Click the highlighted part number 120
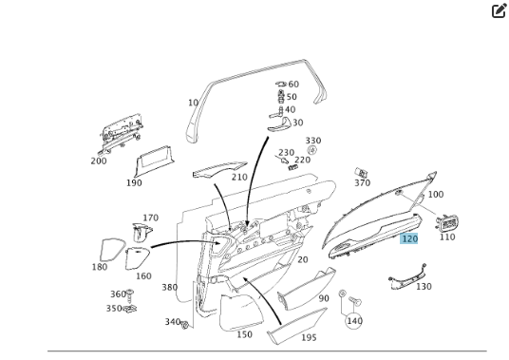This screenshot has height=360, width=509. pyautogui.click(x=409, y=238)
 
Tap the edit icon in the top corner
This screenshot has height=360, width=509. pyautogui.click(x=499, y=11)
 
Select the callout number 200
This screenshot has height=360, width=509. pyautogui.click(x=99, y=161)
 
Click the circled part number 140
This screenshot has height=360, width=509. pyautogui.click(x=354, y=321)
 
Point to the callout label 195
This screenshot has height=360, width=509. pyautogui.click(x=309, y=337)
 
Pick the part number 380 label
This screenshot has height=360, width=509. pyautogui.click(x=169, y=288)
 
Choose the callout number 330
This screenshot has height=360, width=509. pyautogui.click(x=312, y=141)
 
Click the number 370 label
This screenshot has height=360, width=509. pyautogui.click(x=362, y=183)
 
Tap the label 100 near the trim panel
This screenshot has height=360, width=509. pyautogui.click(x=435, y=195)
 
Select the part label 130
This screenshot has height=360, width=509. pyautogui.click(x=423, y=286)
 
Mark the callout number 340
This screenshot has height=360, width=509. pyautogui.click(x=172, y=322)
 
